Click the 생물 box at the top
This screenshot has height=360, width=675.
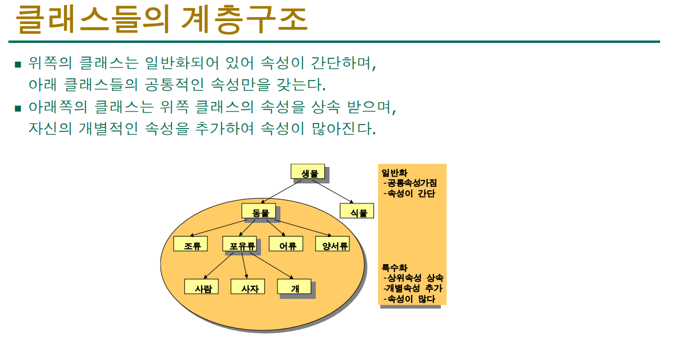(308, 172)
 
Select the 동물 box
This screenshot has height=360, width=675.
(259, 211)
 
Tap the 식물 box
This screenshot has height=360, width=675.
(357, 211)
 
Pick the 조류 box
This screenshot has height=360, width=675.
(191, 244)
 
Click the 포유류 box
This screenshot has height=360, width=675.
(240, 244)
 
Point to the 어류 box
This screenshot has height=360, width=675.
(286, 244)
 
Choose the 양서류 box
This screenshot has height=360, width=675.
(332, 244)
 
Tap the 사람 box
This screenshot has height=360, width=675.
(202, 287)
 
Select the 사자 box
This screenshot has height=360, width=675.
(248, 287)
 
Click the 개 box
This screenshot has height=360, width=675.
(295, 287)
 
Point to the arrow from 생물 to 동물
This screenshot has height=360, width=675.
(282, 191)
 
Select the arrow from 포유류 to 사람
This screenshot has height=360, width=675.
(218, 265)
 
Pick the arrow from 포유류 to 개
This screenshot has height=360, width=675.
(272, 265)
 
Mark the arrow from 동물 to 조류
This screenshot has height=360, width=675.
(216, 228)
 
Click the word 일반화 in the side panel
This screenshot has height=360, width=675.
(395, 173)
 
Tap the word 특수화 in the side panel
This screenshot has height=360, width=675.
(395, 268)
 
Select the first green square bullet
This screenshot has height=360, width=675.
(18, 65)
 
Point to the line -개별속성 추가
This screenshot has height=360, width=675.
(413, 289)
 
